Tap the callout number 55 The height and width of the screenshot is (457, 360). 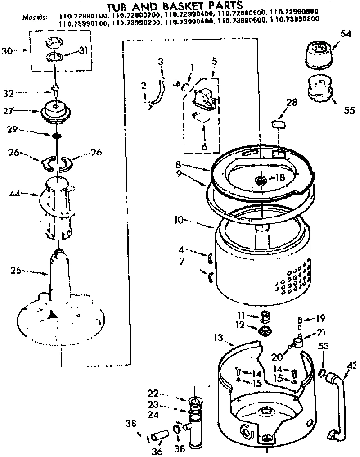(x=350, y=110)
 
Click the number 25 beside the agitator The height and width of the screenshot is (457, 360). (x=17, y=271)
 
